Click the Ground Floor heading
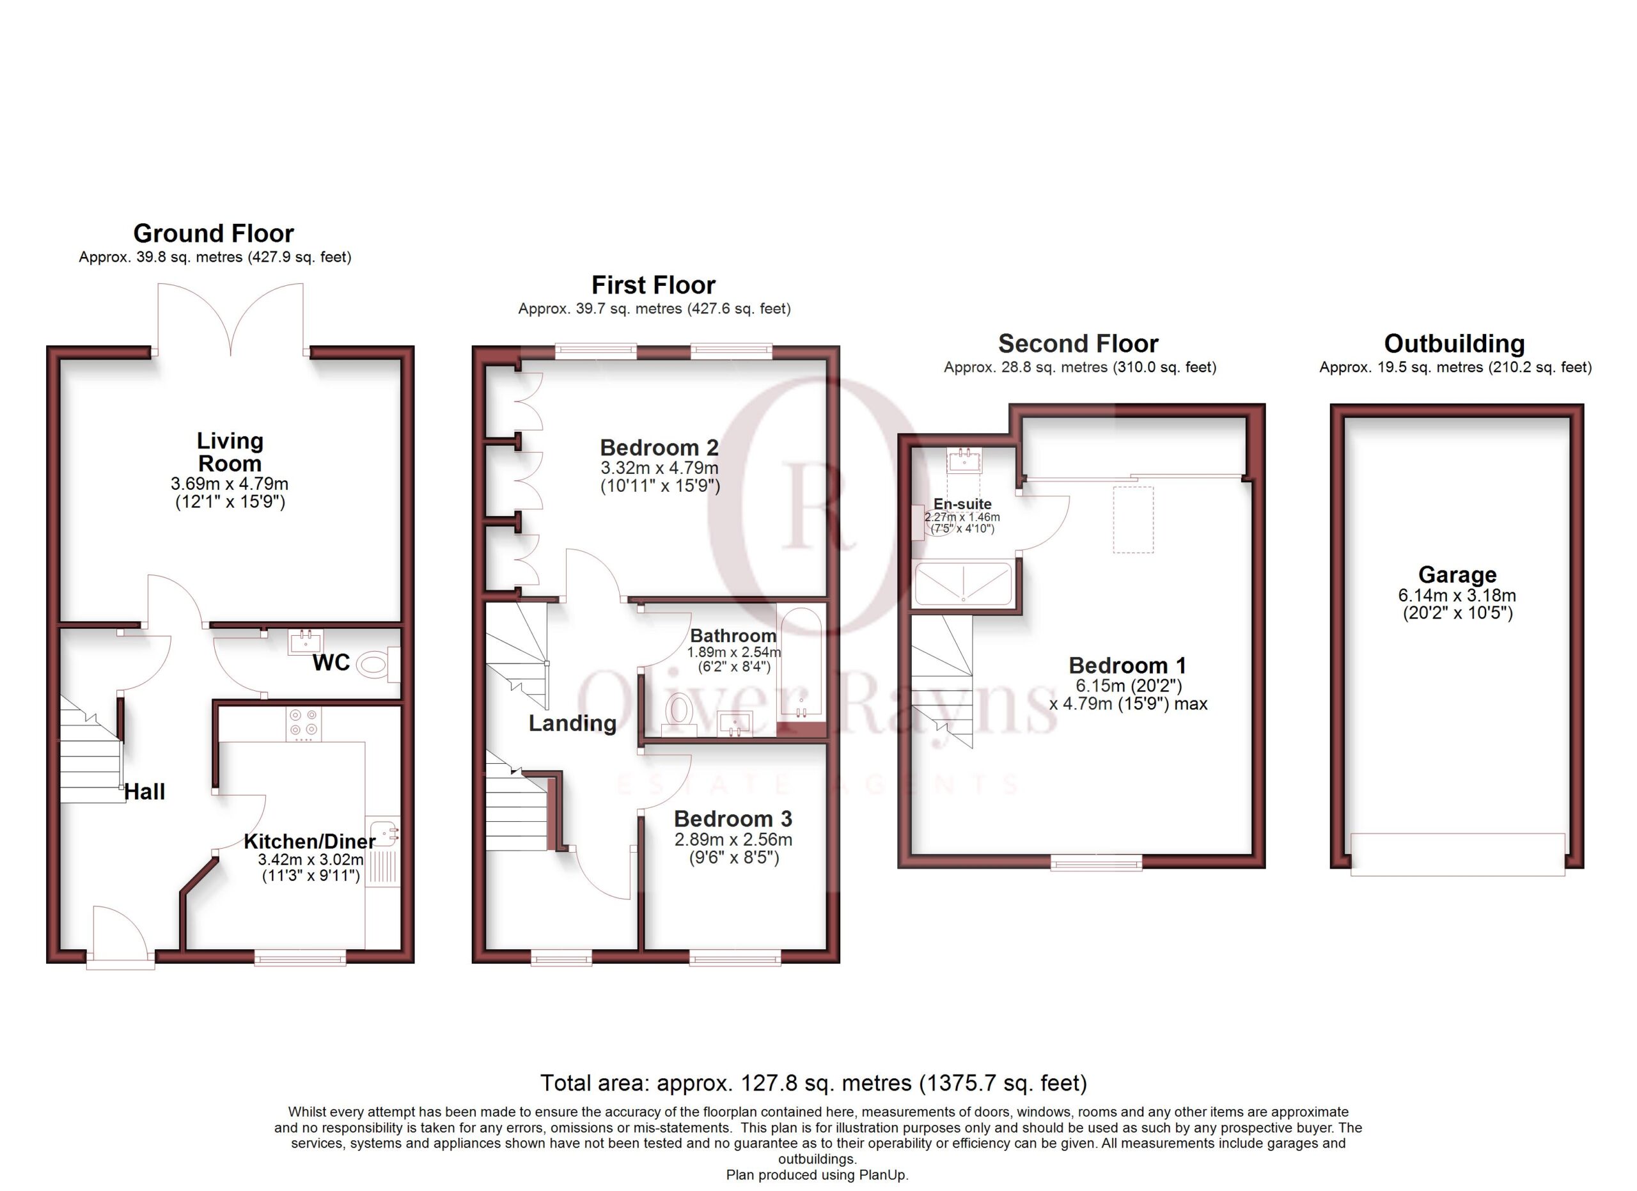pyautogui.click(x=214, y=234)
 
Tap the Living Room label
pyautogui.click(x=230, y=452)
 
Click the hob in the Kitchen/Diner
pyautogui.click(x=303, y=724)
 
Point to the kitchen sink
pyautogui.click(x=382, y=833)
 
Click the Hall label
pyautogui.click(x=145, y=792)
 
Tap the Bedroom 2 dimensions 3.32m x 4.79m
pyautogui.click(x=660, y=468)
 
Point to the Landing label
pyautogui.click(x=572, y=723)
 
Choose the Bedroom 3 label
pyautogui.click(x=733, y=819)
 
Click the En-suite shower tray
pyautogui.click(x=964, y=584)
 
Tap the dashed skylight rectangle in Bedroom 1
pyautogui.click(x=1132, y=520)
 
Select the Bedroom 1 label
pyautogui.click(x=1127, y=665)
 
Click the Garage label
pyautogui.click(x=1457, y=574)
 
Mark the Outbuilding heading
pyautogui.click(x=1454, y=343)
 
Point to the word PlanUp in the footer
pyautogui.click(x=882, y=1175)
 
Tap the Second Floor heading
pyautogui.click(x=1078, y=343)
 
